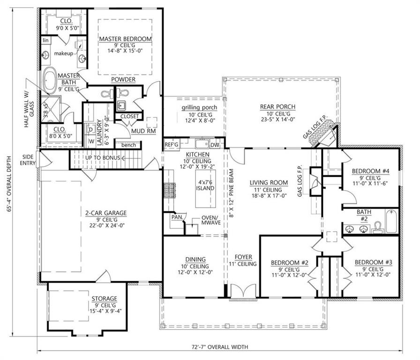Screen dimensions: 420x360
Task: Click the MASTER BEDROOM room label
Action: (125, 39)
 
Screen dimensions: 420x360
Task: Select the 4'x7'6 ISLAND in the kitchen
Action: (205, 188)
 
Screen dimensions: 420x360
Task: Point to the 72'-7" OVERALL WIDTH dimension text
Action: (220, 347)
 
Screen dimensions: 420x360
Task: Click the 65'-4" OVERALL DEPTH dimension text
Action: (9, 184)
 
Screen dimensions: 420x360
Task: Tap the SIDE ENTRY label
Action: (28, 160)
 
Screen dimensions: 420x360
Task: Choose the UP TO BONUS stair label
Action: (103, 158)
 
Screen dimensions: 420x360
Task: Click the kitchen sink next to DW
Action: (202, 144)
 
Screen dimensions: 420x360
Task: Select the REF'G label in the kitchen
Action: (172, 145)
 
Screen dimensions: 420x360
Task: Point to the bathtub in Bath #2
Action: (392, 221)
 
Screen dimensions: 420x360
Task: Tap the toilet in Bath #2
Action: (378, 227)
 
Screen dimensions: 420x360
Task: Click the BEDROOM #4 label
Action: (370, 171)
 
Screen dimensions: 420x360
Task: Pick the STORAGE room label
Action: (105, 299)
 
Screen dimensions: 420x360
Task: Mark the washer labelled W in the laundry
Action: (91, 141)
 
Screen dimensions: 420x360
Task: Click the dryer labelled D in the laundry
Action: (91, 130)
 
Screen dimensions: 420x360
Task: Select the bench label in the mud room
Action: (128, 145)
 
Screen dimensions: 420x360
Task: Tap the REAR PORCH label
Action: (278, 106)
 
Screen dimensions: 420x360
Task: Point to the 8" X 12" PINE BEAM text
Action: (232, 193)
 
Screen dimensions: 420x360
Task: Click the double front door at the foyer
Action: (243, 291)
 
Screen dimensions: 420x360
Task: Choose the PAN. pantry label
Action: (177, 217)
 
